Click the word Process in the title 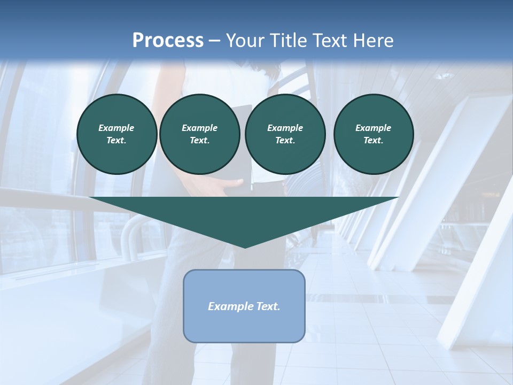tap(168, 41)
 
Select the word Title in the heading tap(289, 41)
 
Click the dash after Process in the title tap(215, 41)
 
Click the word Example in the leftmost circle tap(116, 128)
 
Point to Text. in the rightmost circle tap(373, 140)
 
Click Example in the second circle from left tap(199, 128)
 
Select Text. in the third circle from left tap(285, 140)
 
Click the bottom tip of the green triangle tap(245, 247)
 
